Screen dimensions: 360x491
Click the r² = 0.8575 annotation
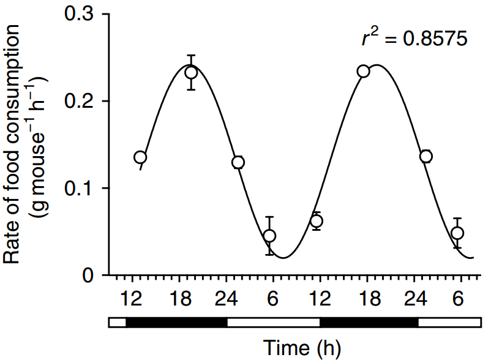pyautogui.click(x=414, y=39)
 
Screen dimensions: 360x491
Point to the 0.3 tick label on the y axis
pyautogui.click(x=81, y=14)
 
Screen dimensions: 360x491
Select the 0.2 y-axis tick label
pyautogui.click(x=81, y=101)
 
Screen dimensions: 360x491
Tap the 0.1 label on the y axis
pyautogui.click(x=81, y=188)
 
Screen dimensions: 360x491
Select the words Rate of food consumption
pyautogui.click(x=13, y=144)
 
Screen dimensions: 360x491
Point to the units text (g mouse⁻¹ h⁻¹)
pyautogui.click(x=36, y=144)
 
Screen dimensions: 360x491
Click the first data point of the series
pyautogui.click(x=140, y=157)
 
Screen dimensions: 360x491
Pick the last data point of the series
pyautogui.click(x=457, y=233)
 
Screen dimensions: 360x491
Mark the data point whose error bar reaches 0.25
pyautogui.click(x=191, y=72)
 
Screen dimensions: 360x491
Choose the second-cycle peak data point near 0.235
pyautogui.click(x=364, y=71)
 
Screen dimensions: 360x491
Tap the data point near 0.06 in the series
pyautogui.click(x=317, y=221)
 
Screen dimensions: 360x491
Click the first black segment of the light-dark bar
pyautogui.click(x=176, y=322)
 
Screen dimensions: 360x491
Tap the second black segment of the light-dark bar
pyautogui.click(x=369, y=322)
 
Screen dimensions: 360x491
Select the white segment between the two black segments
pyautogui.click(x=273, y=322)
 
